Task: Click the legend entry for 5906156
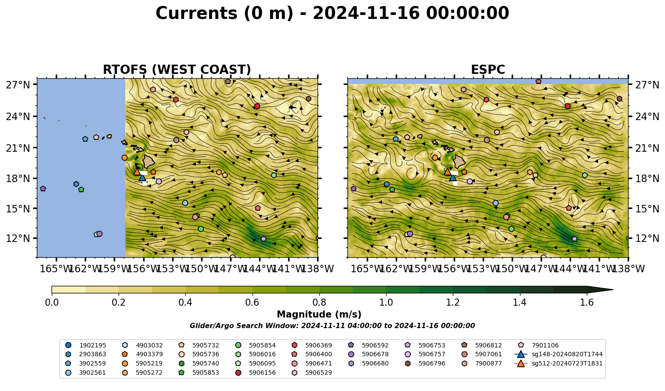[x=257, y=373]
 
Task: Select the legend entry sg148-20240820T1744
[x=559, y=354]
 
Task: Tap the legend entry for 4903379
[x=143, y=354]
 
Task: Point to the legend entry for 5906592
[x=369, y=345]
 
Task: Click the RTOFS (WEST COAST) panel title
[x=177, y=69]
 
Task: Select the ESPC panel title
[x=488, y=69]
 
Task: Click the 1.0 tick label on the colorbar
[x=386, y=303]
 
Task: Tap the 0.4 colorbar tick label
[x=185, y=303]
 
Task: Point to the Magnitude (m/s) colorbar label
[x=319, y=314]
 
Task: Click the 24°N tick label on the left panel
[x=18, y=116]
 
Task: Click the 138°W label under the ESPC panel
[x=629, y=269]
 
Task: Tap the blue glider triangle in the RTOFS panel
[x=142, y=178]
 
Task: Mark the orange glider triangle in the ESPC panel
[x=448, y=172]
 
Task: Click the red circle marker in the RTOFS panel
[x=257, y=106]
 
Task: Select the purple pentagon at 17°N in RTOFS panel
[x=43, y=189]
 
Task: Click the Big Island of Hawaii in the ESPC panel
[x=459, y=161]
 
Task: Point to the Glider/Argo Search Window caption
[x=332, y=325]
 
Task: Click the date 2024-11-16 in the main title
[x=366, y=13]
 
